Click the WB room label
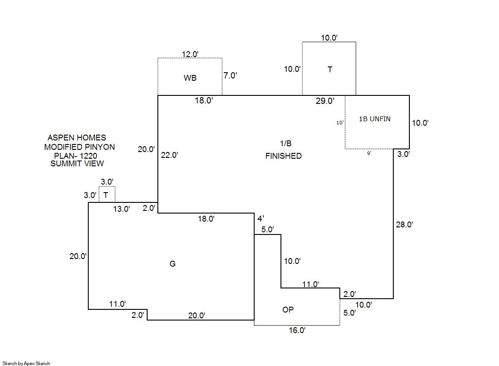coord(190,78)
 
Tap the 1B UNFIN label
coord(375,119)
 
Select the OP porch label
coord(288,309)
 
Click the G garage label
coord(173,264)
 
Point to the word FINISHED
coord(283,156)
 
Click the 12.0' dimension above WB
coord(190,54)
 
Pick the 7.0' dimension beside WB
coord(230,76)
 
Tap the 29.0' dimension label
coord(325,101)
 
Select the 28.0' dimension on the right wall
coord(404,225)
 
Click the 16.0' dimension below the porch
coord(297,330)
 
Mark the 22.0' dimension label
coord(169,156)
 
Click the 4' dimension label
coord(261,219)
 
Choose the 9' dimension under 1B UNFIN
coord(369,153)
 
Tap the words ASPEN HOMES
coord(77,138)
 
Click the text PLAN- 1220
coord(76,156)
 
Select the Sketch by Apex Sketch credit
coord(26,363)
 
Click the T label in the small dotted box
coord(106,195)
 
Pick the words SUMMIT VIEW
coord(77,164)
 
